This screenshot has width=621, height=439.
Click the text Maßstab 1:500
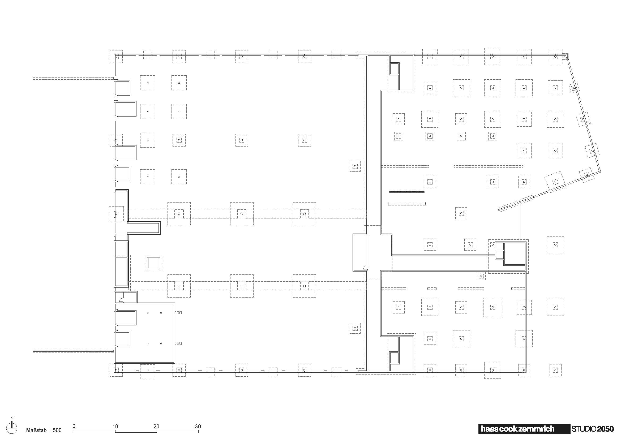44,430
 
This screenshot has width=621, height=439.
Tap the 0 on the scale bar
74,426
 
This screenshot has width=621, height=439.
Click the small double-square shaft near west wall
153,263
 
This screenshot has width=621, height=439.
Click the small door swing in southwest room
122,299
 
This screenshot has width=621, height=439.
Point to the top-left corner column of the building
116,57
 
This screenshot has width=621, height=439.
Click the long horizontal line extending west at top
73,78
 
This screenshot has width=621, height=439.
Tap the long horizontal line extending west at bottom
73,351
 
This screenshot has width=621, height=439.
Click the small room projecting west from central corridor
360,252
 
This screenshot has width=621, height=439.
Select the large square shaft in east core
515,253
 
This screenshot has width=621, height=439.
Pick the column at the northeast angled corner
565,56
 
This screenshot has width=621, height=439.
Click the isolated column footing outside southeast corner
555,370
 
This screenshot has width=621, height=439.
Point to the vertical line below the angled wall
519,222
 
